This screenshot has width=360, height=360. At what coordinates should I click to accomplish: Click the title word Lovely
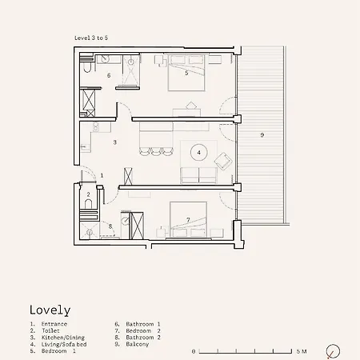point(50,310)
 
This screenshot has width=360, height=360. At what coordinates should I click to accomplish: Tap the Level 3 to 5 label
point(91,38)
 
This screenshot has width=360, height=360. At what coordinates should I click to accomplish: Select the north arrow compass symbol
point(333,351)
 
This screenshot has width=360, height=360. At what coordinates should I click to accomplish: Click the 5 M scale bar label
point(302,351)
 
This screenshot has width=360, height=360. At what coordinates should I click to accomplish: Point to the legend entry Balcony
point(137,344)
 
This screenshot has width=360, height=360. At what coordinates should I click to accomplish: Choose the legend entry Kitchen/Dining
point(63,338)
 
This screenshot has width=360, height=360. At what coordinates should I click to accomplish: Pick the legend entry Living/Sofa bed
point(64,344)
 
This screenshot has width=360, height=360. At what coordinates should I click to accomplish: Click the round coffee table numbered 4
point(198,153)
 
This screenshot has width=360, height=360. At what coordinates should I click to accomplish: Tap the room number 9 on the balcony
point(262,135)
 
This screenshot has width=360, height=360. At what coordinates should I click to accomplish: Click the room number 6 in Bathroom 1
point(109,75)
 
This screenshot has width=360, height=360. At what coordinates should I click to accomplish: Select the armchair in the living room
point(223,161)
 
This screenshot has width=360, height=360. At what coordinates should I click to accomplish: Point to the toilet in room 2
point(88,204)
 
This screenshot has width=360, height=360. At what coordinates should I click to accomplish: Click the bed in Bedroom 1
point(186,72)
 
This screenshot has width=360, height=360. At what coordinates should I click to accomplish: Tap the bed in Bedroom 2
point(188,220)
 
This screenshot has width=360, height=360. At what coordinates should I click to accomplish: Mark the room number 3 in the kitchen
point(115,142)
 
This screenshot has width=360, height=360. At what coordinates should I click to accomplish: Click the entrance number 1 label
point(102,175)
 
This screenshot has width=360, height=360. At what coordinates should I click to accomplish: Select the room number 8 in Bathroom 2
point(110,226)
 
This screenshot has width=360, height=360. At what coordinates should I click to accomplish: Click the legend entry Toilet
point(50,331)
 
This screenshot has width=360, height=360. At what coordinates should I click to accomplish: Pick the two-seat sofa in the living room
point(198,175)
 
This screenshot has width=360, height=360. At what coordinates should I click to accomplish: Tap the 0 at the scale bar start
point(194,352)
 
